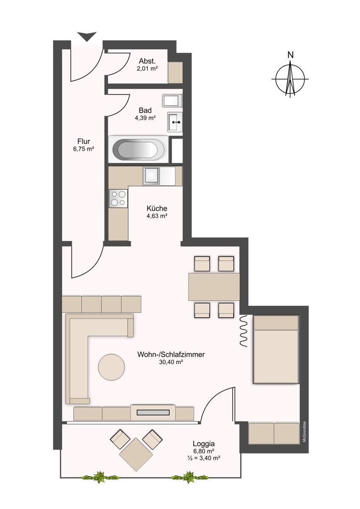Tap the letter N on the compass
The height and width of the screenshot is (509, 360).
pyautogui.click(x=290, y=55)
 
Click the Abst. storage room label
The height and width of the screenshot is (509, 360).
pyautogui.click(x=147, y=61)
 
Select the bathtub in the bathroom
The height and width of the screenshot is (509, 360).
pyautogui.click(x=138, y=149)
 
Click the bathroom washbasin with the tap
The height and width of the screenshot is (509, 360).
pyautogui.click(x=174, y=122)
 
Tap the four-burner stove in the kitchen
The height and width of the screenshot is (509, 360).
pyautogui.click(x=118, y=199)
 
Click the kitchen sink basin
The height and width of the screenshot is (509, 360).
pyautogui.click(x=152, y=176)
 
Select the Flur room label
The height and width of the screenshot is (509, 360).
pyautogui.click(x=84, y=141)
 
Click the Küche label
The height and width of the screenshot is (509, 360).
pyautogui.click(x=157, y=208)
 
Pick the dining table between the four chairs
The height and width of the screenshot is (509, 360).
pyautogui.click(x=214, y=287)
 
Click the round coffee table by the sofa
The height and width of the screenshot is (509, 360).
pyautogui.click(x=111, y=367)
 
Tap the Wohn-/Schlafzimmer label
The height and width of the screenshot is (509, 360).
pyautogui.click(x=171, y=355)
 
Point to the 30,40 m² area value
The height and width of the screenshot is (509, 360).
pyautogui.click(x=171, y=362)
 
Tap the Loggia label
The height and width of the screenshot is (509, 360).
pyautogui.click(x=203, y=444)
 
